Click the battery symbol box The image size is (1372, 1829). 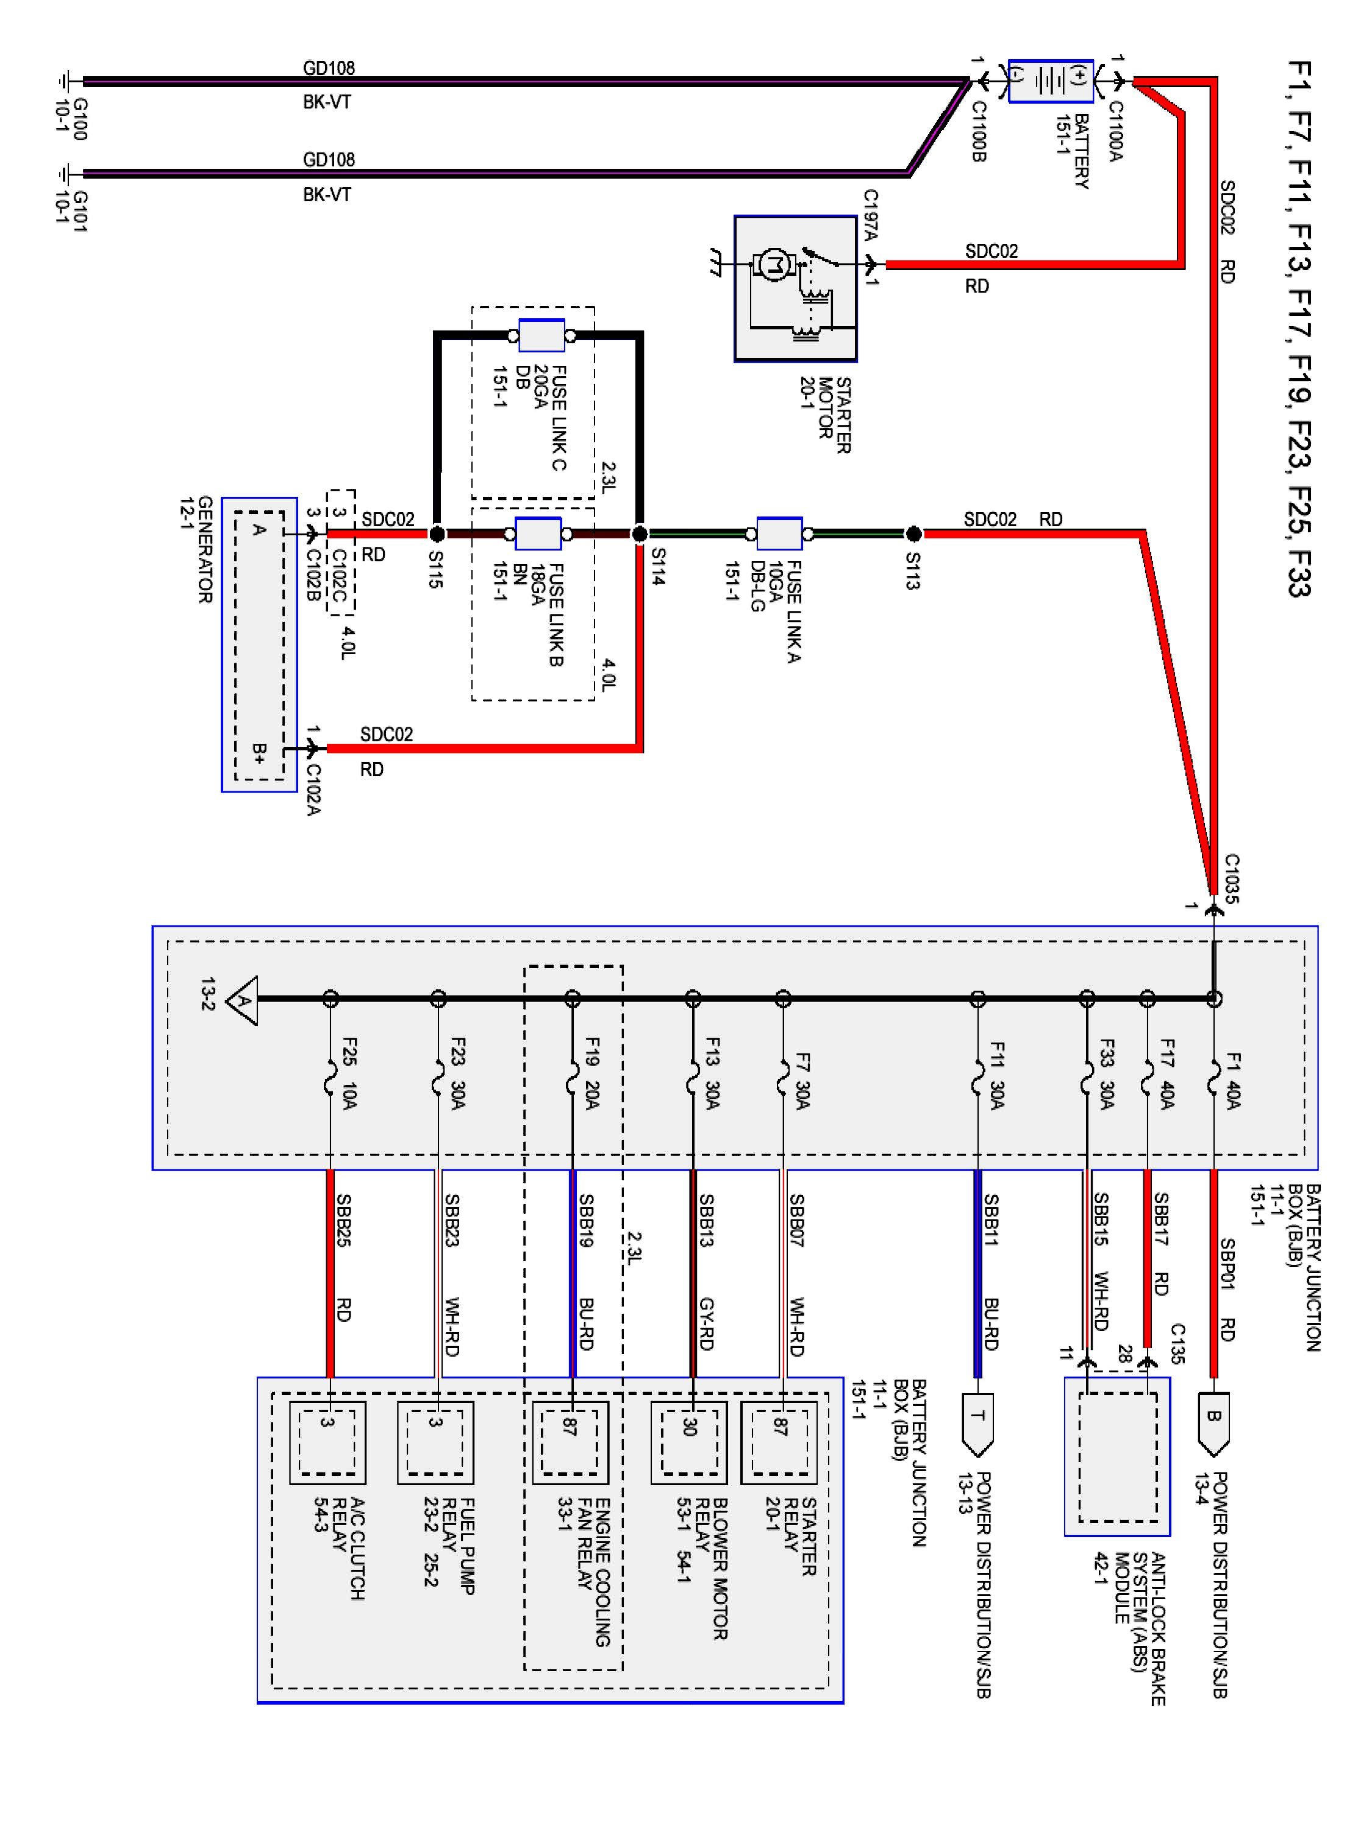pyautogui.click(x=1050, y=80)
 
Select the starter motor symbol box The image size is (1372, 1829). pyautogui.click(x=795, y=288)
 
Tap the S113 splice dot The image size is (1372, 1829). pyautogui.click(x=913, y=534)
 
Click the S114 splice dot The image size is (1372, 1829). pyautogui.click(x=639, y=534)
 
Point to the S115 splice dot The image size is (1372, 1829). pyautogui.click(x=437, y=534)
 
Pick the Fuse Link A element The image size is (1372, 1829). pyautogui.click(x=779, y=534)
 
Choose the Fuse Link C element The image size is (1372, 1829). pyautogui.click(x=541, y=336)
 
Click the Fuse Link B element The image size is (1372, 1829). pyautogui.click(x=538, y=534)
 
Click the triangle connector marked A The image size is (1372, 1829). pyautogui.click(x=241, y=1000)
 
